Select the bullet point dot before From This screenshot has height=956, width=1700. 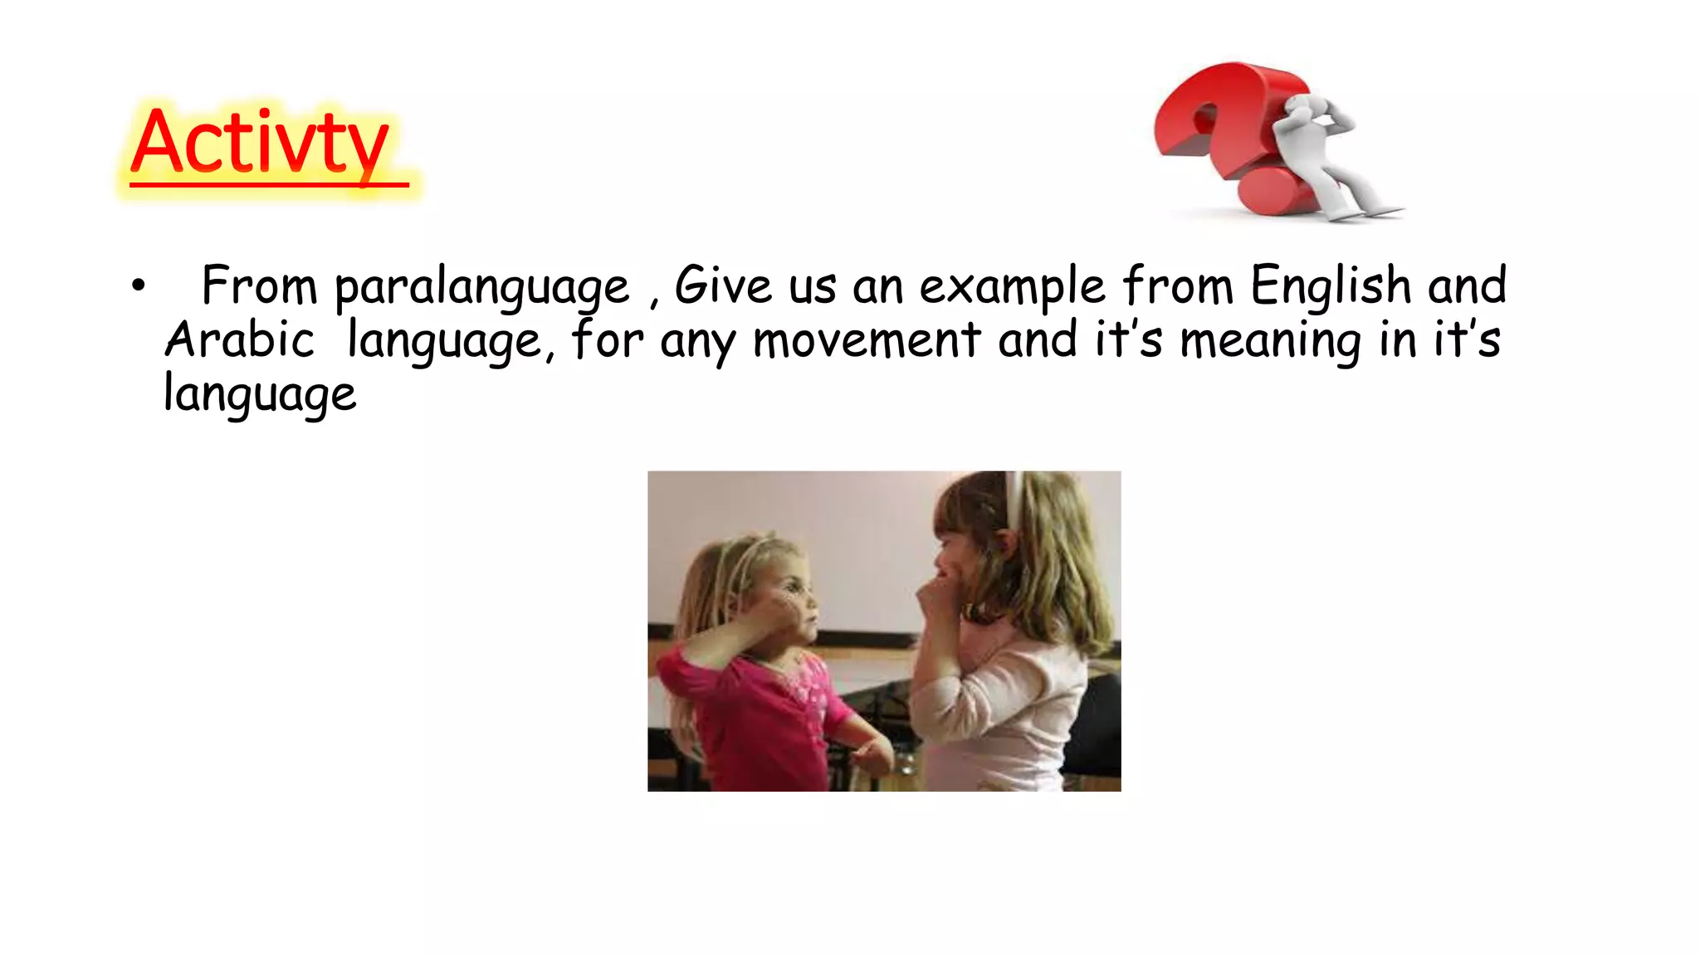tap(138, 286)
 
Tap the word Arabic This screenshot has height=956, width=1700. tap(239, 340)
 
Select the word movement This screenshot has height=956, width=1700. tap(867, 340)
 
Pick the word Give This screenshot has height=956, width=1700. tap(723, 285)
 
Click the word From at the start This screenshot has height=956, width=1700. tap(259, 285)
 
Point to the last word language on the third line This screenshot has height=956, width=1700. tap(260, 395)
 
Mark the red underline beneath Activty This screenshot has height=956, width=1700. tap(269, 184)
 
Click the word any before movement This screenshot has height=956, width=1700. tap(697, 342)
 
